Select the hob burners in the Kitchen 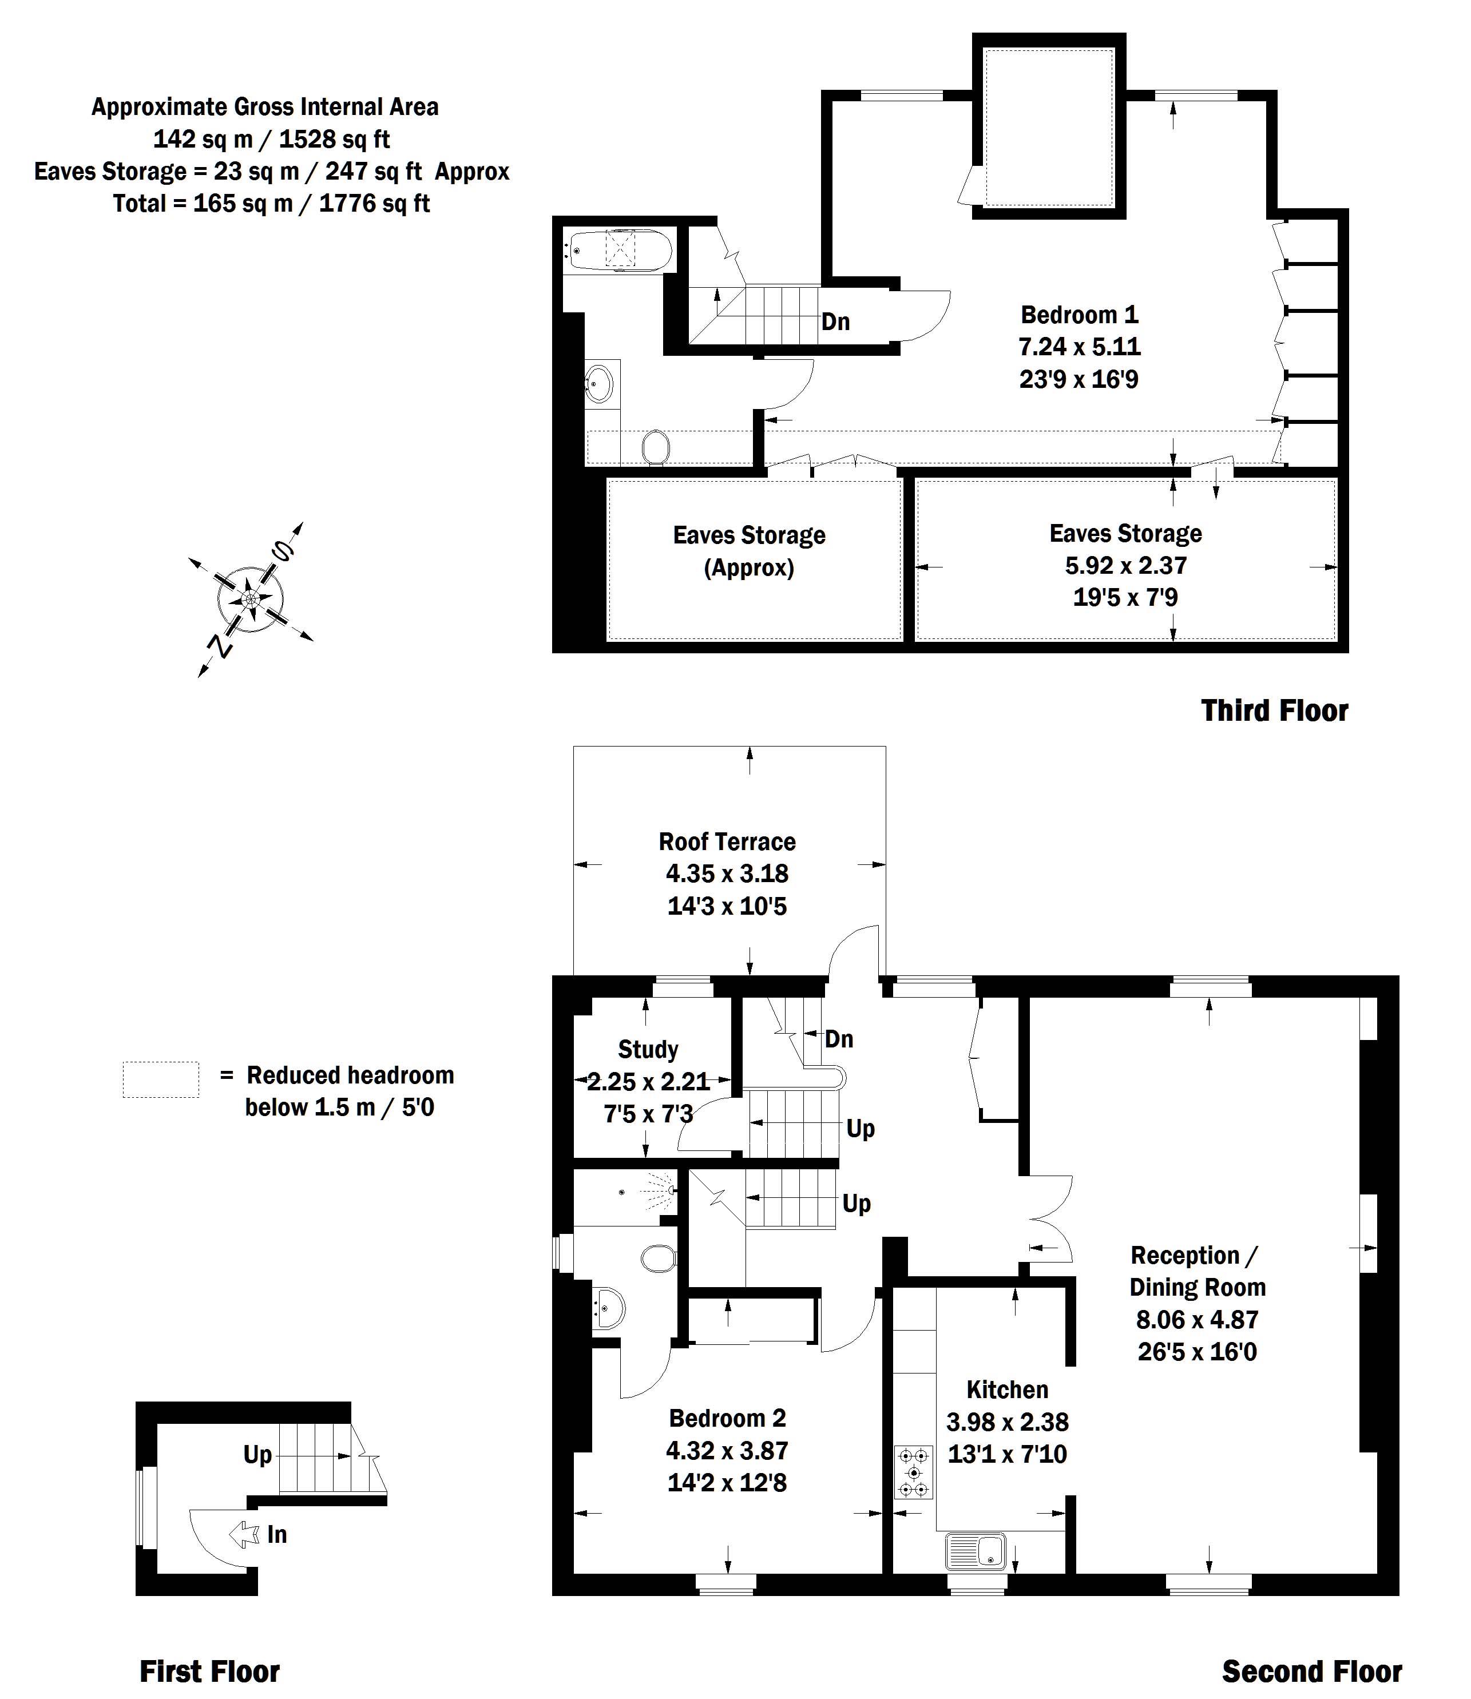(x=914, y=1472)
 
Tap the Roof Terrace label (x=727, y=841)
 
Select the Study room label (x=648, y=1049)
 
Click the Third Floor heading (x=1274, y=711)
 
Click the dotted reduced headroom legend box (x=161, y=1079)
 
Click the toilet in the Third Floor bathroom (x=655, y=448)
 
